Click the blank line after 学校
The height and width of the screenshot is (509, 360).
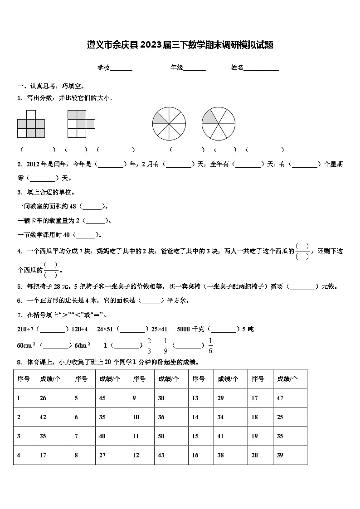[x=121, y=68]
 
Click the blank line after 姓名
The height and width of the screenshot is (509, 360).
[x=262, y=68]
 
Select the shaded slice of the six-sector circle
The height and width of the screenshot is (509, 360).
[x=210, y=117]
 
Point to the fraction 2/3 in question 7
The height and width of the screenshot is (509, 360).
[x=149, y=345]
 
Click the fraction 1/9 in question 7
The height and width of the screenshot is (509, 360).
[x=165, y=345]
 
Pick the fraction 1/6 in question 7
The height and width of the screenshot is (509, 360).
[x=210, y=345]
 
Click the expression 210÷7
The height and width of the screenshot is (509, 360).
[x=25, y=329]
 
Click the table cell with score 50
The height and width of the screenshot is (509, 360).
[x=161, y=436]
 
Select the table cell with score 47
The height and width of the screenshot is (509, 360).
[x=280, y=398]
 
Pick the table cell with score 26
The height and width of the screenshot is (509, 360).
[x=43, y=398]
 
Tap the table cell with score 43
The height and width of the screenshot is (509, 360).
[x=161, y=455]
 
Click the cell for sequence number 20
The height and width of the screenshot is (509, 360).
[x=255, y=455]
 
